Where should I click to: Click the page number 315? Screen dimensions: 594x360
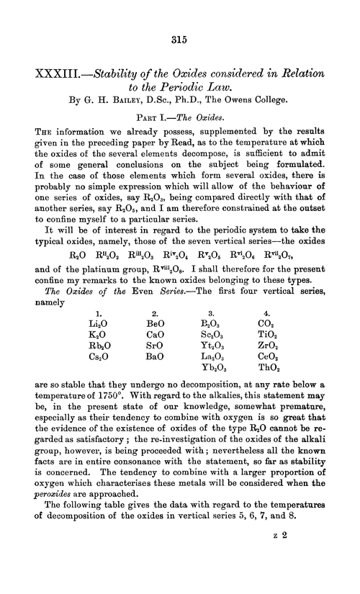[x=179, y=41]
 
